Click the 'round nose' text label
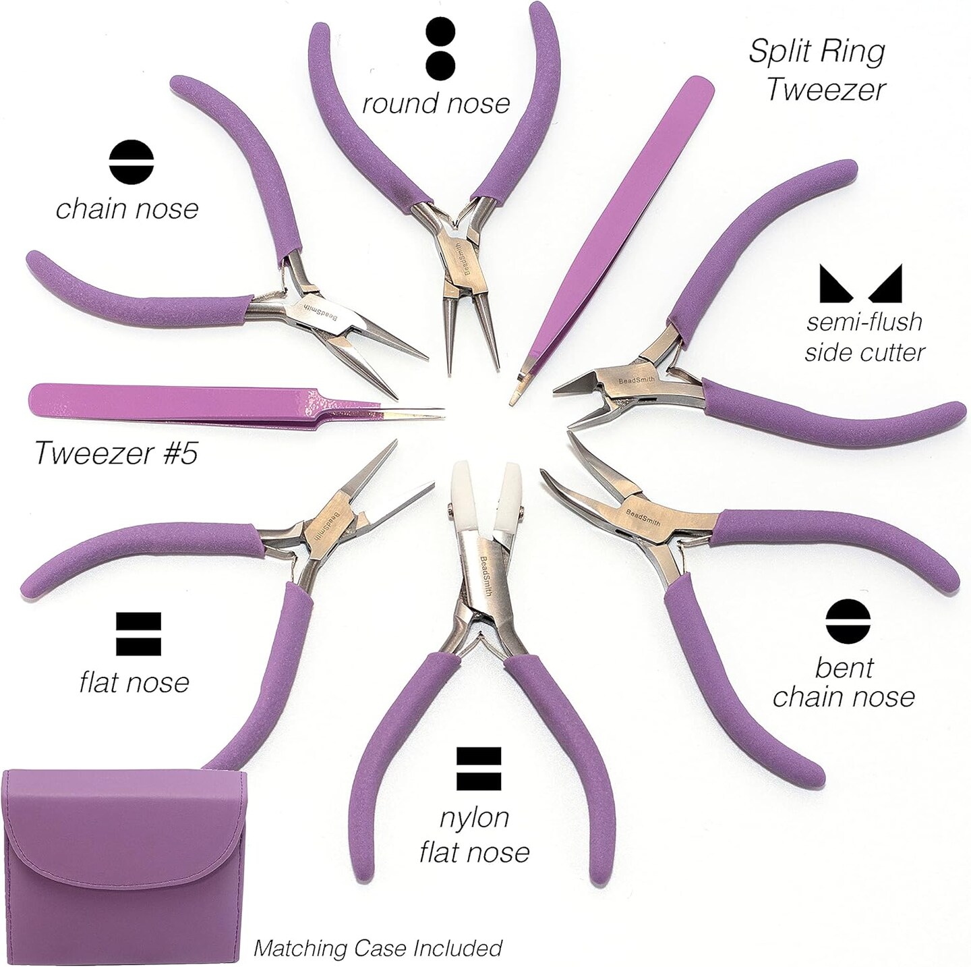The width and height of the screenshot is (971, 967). coord(436,104)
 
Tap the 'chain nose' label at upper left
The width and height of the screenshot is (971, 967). coord(127,209)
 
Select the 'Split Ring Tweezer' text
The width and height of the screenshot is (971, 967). coord(817,70)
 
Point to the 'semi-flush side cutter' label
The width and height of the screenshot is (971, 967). coord(865,336)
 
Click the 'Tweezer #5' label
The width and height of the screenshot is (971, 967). coord(115,453)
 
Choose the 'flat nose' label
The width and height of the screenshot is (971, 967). coord(134,683)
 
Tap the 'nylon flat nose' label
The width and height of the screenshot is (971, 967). coord(474,835)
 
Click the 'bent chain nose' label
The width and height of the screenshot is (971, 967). coord(844,682)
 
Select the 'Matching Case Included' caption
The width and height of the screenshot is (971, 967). coord(378,947)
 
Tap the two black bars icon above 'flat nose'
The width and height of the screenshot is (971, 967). coord(138,634)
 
